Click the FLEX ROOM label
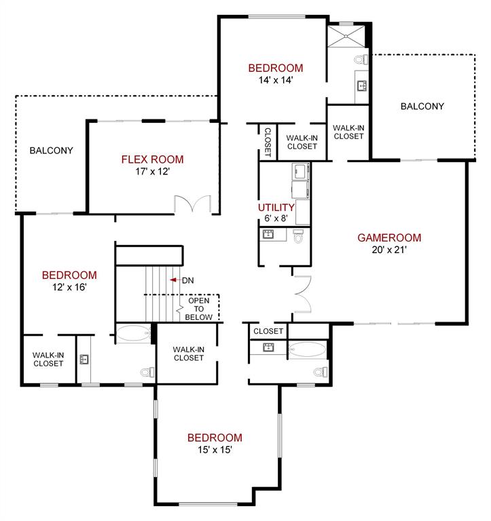click(152, 159)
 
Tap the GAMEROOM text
click(389, 237)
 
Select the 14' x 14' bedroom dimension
click(275, 80)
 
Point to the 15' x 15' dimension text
click(215, 450)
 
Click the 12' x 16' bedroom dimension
click(69, 287)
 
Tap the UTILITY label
click(276, 208)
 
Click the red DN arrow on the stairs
click(175, 279)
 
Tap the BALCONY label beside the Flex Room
click(51, 150)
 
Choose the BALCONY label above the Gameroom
click(422, 106)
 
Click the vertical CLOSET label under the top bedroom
click(268, 141)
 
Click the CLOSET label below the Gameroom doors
click(268, 331)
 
